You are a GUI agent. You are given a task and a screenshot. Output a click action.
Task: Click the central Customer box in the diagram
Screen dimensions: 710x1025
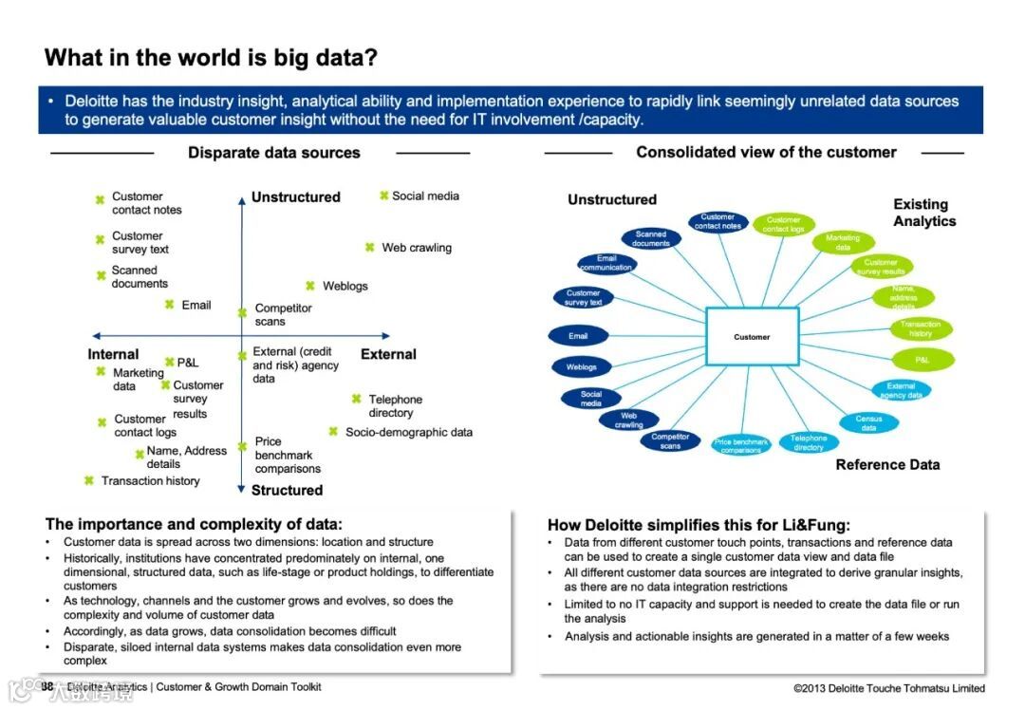pyautogui.click(x=752, y=337)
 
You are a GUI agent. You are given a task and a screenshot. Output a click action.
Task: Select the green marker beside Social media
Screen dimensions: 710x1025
pyautogui.click(x=383, y=196)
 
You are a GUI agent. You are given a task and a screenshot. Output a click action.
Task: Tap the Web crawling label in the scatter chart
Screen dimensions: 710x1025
pyautogui.click(x=417, y=248)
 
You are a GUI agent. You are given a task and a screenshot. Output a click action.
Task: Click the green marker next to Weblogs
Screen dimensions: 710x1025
pyautogui.click(x=310, y=286)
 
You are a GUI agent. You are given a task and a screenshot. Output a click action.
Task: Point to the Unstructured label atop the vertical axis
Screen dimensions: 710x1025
pyautogui.click(x=295, y=197)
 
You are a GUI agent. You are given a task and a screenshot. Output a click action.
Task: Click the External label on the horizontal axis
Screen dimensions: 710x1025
pyautogui.click(x=388, y=354)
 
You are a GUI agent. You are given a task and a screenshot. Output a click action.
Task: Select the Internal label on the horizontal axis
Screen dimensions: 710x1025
pyautogui.click(x=113, y=354)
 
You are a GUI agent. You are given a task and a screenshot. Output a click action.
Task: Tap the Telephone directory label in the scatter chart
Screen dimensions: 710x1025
pyautogui.click(x=395, y=406)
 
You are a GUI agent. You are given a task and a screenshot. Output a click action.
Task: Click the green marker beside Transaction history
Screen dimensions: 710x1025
pyautogui.click(x=88, y=480)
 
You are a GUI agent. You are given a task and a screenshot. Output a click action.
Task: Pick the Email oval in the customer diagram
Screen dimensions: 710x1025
pyautogui.click(x=578, y=336)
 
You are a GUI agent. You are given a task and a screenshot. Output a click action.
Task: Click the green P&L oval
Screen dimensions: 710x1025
pyautogui.click(x=922, y=360)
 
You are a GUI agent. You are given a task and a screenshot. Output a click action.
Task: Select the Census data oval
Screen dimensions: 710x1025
pyautogui.click(x=868, y=423)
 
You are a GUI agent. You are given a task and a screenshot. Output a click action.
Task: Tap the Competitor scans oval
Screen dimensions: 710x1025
pyautogui.click(x=670, y=440)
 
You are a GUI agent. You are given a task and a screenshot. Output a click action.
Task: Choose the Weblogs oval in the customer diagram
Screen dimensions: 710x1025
pyautogui.click(x=582, y=366)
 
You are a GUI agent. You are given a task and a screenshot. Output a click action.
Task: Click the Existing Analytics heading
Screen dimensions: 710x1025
pyautogui.click(x=923, y=213)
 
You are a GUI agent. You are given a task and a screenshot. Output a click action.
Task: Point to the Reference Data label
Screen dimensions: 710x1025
pyautogui.click(x=887, y=465)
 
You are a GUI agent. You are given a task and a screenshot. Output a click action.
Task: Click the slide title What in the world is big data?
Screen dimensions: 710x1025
pyautogui.click(x=211, y=58)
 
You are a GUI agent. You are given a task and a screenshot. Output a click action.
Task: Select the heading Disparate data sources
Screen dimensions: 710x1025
pyautogui.click(x=273, y=153)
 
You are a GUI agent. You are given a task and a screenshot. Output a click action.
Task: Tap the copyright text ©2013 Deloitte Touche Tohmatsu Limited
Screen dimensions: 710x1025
pyautogui.click(x=888, y=688)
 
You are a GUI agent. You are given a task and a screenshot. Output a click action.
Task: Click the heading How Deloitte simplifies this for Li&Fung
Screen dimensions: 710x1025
pyautogui.click(x=699, y=524)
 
